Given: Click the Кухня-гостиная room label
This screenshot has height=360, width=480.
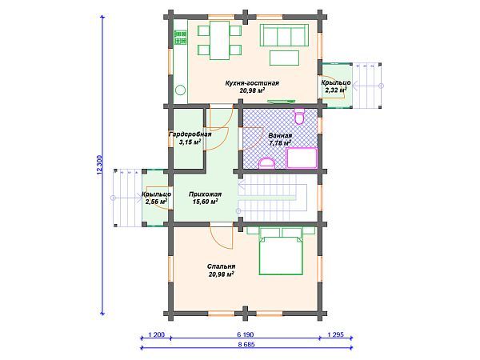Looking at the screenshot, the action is pyautogui.click(x=252, y=83).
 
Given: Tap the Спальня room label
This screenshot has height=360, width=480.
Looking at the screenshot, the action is pyautogui.click(x=221, y=266).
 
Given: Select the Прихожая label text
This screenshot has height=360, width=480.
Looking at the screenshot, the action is pyautogui.click(x=205, y=194).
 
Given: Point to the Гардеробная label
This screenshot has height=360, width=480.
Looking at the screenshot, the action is pyautogui.click(x=190, y=134).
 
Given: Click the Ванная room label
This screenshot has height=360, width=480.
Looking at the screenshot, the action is pyautogui.click(x=280, y=136).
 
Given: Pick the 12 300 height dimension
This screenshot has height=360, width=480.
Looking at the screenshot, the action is pyautogui.click(x=99, y=165).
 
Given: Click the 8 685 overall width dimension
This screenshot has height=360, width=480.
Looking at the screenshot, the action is pyautogui.click(x=246, y=344).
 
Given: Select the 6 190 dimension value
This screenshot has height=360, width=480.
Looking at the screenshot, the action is pyautogui.click(x=246, y=334).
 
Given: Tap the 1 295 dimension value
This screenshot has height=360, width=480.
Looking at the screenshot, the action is pyautogui.click(x=336, y=334).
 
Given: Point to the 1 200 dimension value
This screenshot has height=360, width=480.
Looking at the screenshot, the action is pyautogui.click(x=156, y=334).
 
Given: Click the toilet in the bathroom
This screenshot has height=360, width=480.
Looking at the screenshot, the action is pyautogui.click(x=299, y=116).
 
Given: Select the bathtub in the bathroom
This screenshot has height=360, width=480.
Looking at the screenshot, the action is pyautogui.click(x=302, y=158).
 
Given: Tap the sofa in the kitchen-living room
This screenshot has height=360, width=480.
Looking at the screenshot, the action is pyautogui.click(x=284, y=35).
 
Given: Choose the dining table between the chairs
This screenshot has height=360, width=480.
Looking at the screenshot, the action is pyautogui.click(x=219, y=40).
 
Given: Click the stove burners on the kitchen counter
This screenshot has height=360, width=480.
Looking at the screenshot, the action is pyautogui.click(x=180, y=38).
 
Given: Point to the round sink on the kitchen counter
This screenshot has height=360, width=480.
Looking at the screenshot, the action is pyautogui.click(x=180, y=90).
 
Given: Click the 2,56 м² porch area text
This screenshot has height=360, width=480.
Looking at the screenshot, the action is pyautogui.click(x=156, y=202).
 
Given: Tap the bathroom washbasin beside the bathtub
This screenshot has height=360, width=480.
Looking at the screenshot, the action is pyautogui.click(x=267, y=163).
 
